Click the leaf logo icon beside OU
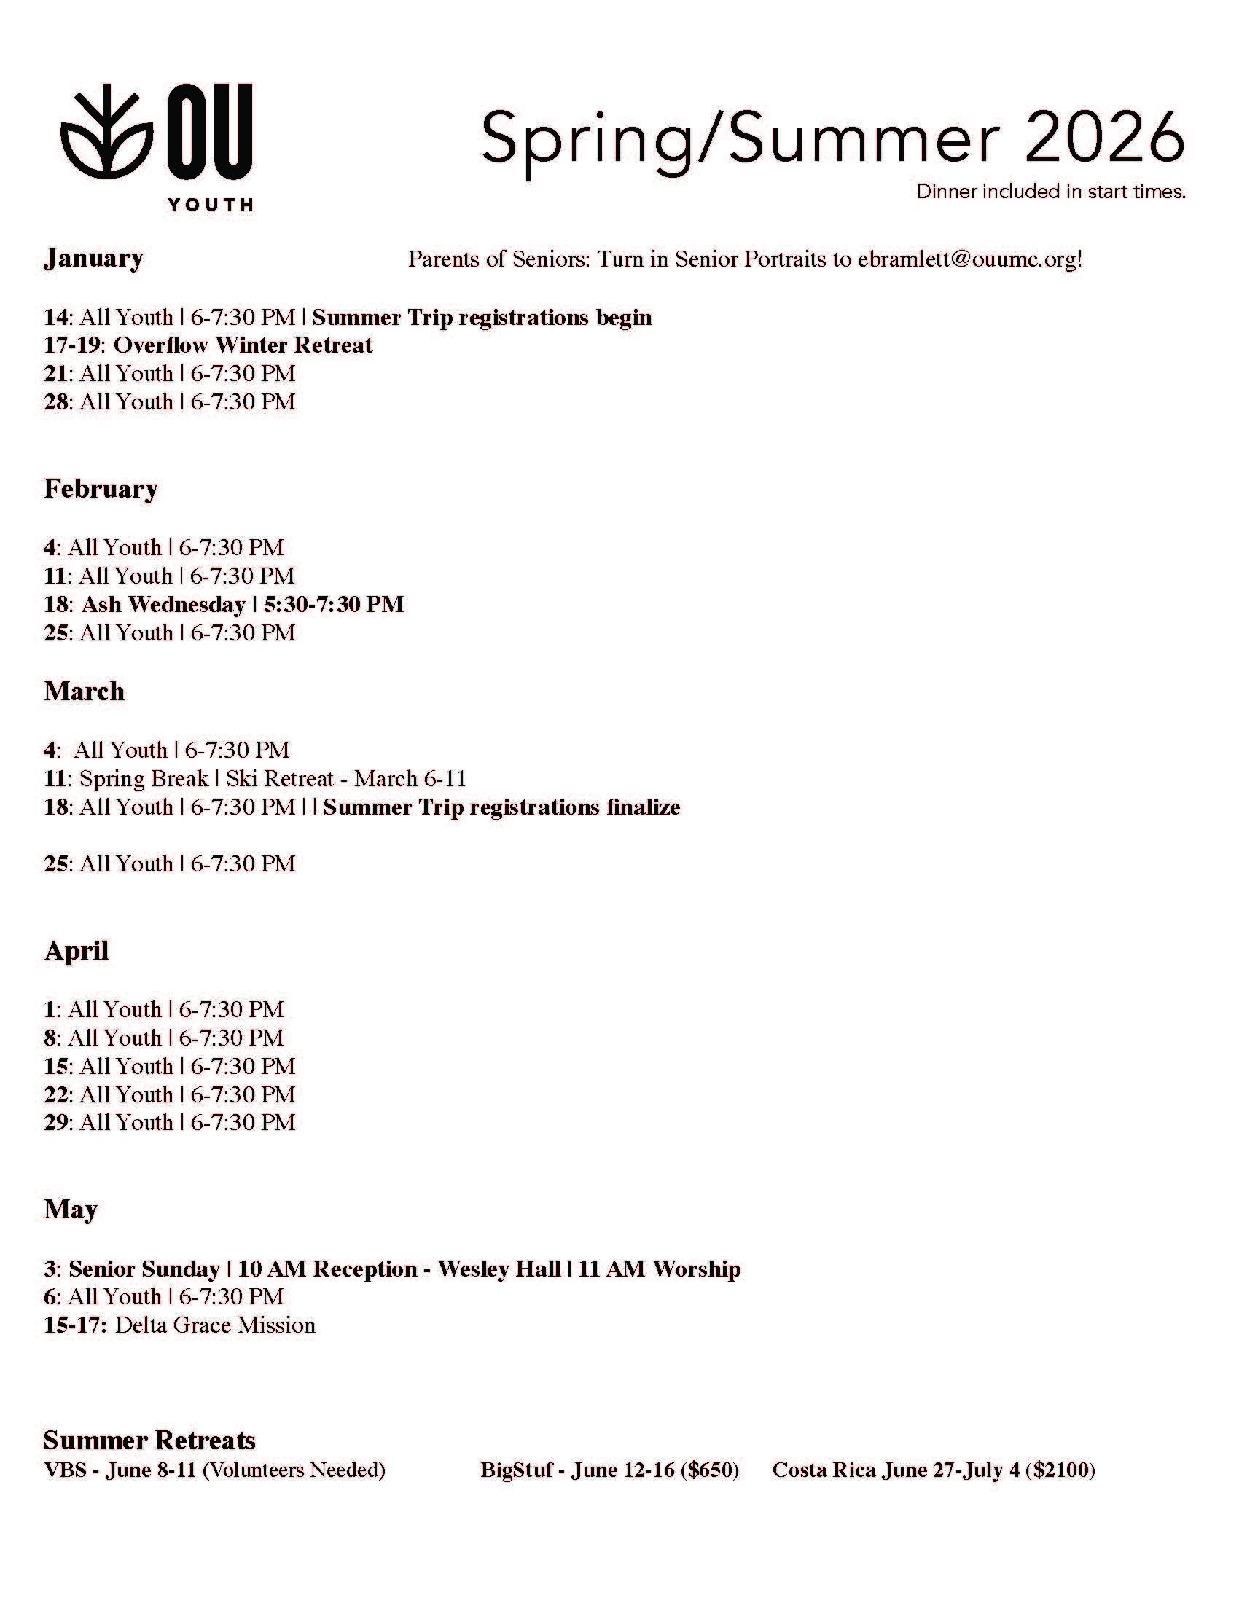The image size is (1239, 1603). (106, 133)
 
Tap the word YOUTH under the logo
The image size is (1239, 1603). (210, 205)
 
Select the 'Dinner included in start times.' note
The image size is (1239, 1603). (1050, 192)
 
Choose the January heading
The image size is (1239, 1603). (93, 259)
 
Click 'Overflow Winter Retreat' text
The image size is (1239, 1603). (243, 345)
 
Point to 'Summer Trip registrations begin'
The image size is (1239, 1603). (482, 317)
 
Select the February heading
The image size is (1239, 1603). (101, 489)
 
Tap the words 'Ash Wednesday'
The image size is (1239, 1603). (163, 604)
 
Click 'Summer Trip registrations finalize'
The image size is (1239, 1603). (501, 807)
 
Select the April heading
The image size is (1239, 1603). (77, 950)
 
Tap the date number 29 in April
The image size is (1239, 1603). (56, 1122)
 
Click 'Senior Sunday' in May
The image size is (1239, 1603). (144, 1269)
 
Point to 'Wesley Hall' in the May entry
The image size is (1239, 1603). (499, 1269)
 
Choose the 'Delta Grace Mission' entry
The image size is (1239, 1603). (215, 1325)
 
